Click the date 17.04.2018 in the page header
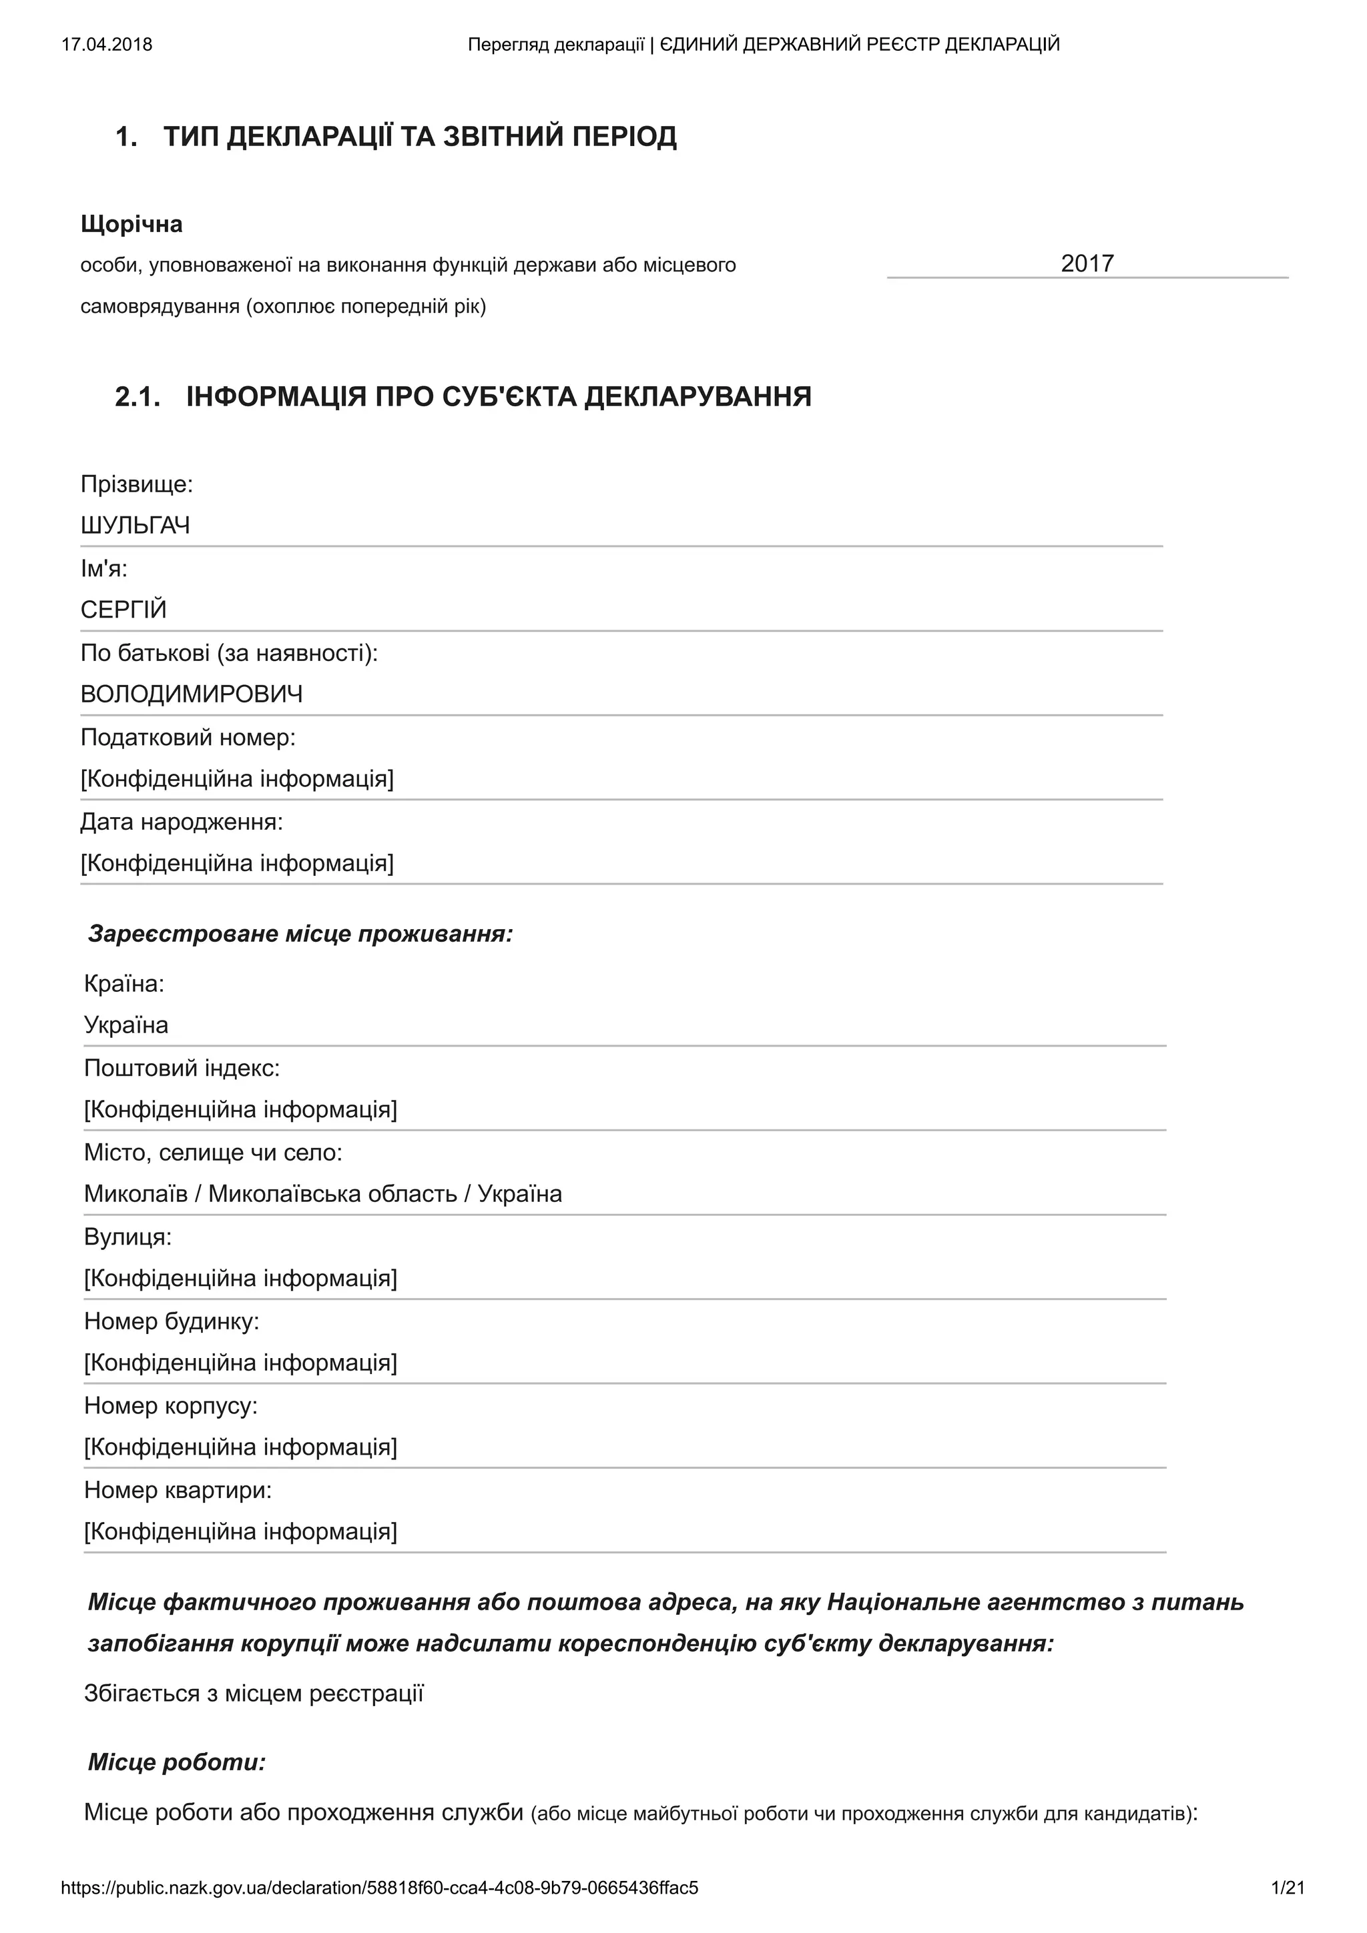107,45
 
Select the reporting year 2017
1087,263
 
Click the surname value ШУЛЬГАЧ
135,526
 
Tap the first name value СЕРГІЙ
123,610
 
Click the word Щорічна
131,224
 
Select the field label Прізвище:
136,484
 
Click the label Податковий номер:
188,738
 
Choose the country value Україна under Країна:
126,1025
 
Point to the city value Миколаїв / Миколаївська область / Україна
322,1194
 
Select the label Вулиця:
128,1237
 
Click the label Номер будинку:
172,1321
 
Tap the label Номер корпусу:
171,1405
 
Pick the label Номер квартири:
178,1490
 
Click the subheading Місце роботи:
177,1762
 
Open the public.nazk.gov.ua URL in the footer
379,1888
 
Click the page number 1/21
1288,1888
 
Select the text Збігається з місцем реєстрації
254,1693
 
